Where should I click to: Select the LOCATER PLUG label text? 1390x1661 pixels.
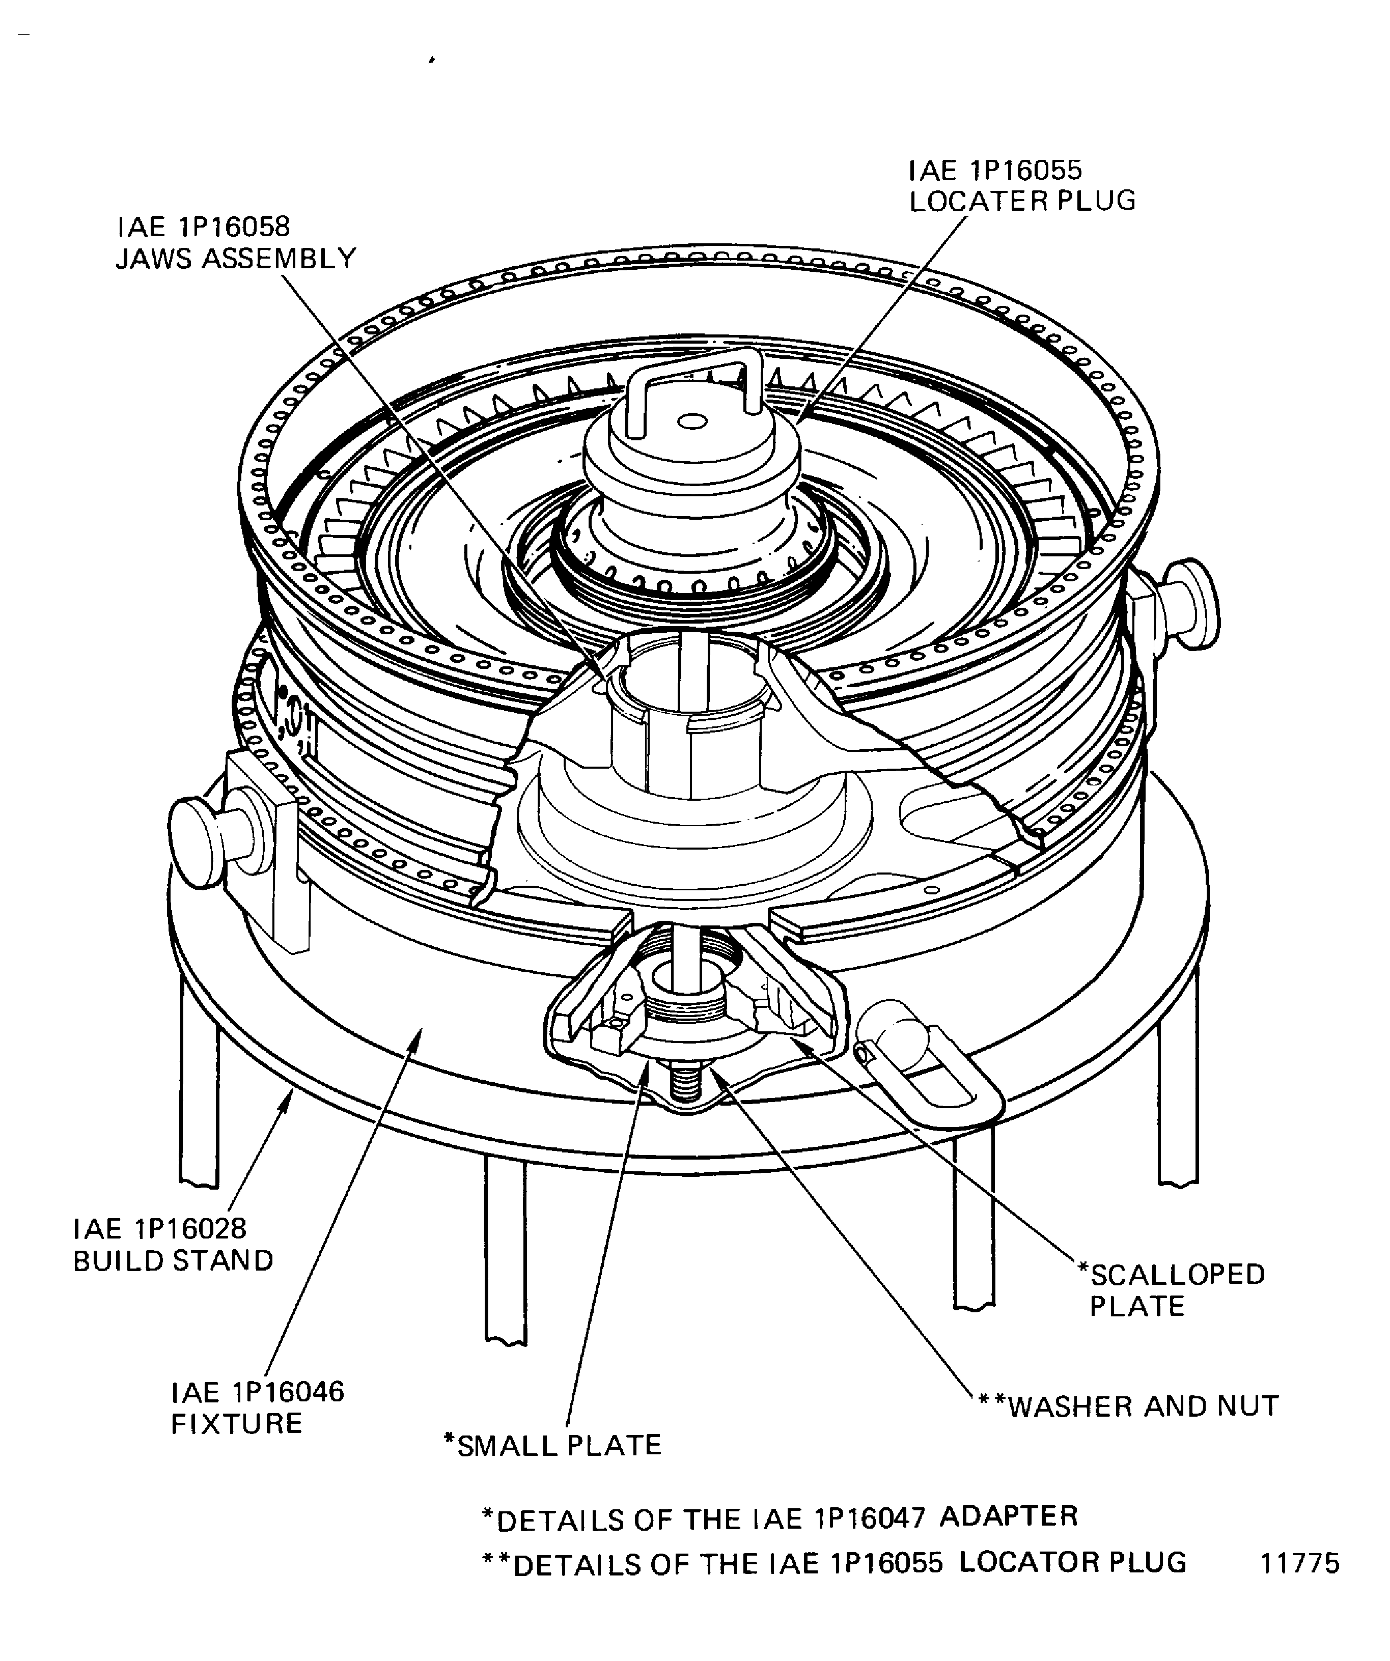(1022, 201)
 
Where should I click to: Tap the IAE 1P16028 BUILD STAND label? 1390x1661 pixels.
(173, 1244)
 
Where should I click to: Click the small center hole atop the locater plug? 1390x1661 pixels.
(692, 423)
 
